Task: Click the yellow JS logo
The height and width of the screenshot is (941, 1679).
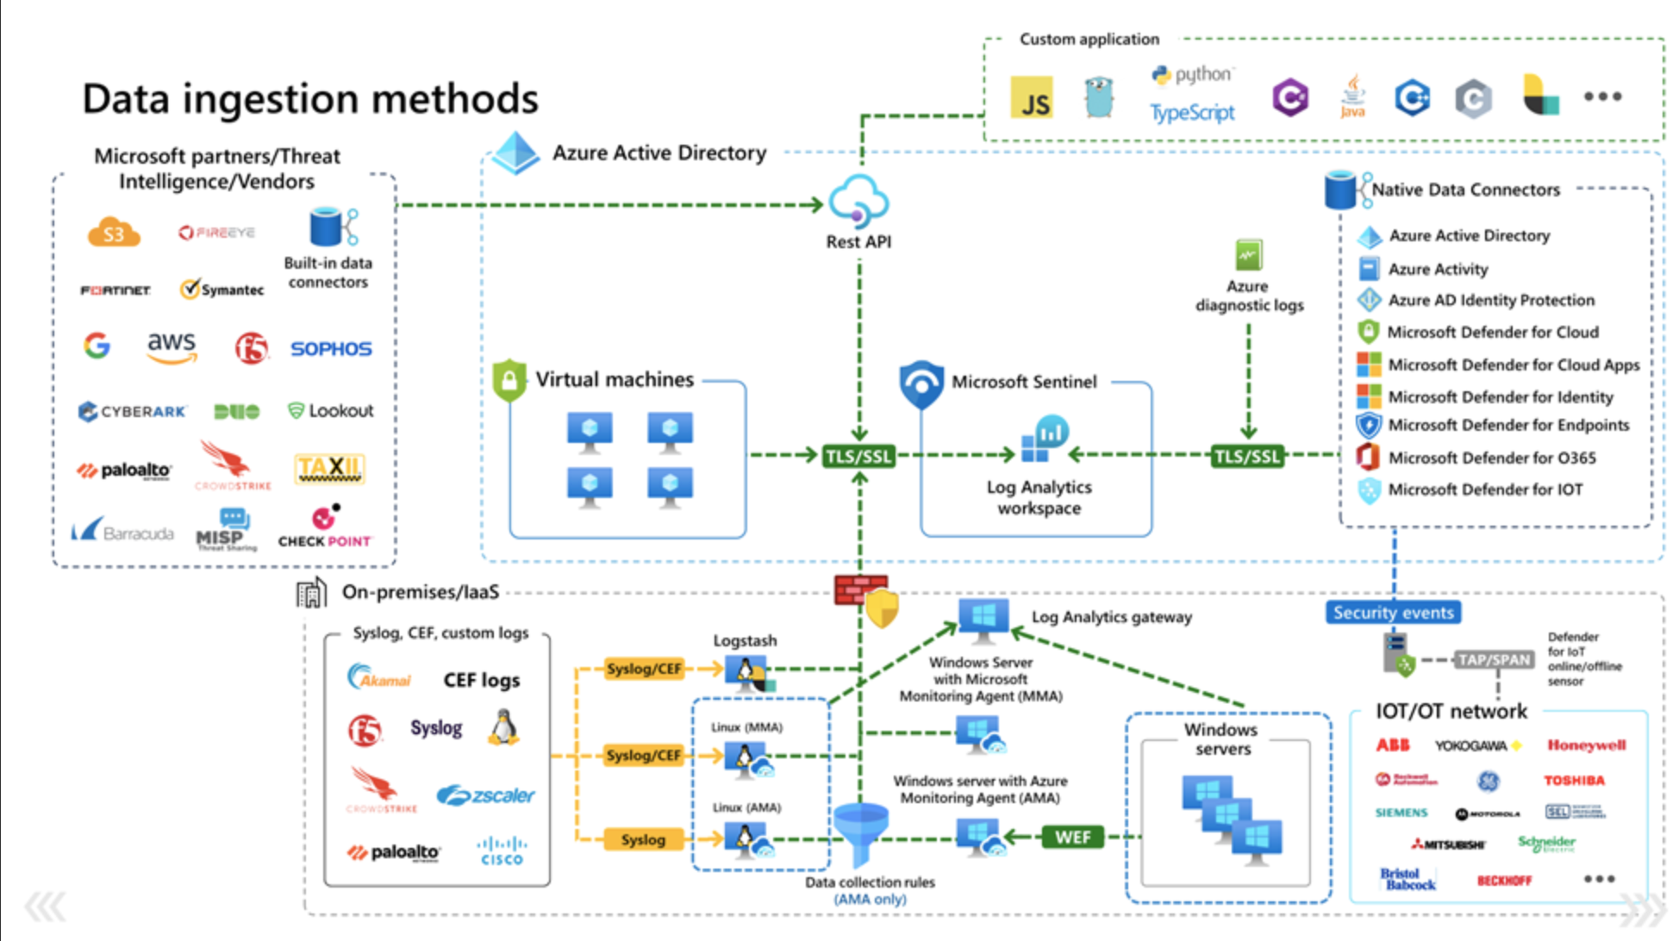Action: point(1032,97)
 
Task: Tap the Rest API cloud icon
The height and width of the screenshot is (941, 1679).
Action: point(858,201)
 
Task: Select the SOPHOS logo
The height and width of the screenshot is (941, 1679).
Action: point(331,349)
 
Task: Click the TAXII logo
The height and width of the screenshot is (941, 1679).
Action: point(330,468)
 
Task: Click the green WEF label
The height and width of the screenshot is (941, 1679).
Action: point(1072,837)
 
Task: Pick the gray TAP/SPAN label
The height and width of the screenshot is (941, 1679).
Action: point(1494,660)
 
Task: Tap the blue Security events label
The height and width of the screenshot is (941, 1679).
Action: point(1393,613)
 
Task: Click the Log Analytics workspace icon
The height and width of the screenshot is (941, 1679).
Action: point(1044,439)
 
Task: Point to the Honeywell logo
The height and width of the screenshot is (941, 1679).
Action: point(1586,745)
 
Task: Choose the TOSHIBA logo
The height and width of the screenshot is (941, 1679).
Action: point(1574,781)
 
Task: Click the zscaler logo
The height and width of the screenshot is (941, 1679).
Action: point(485,795)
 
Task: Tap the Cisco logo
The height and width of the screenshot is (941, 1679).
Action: point(502,851)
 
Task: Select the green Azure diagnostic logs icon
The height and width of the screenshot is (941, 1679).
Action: point(1248,255)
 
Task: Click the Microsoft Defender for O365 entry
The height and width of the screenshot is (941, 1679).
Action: point(1491,458)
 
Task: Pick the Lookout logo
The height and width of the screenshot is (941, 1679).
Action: point(331,411)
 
